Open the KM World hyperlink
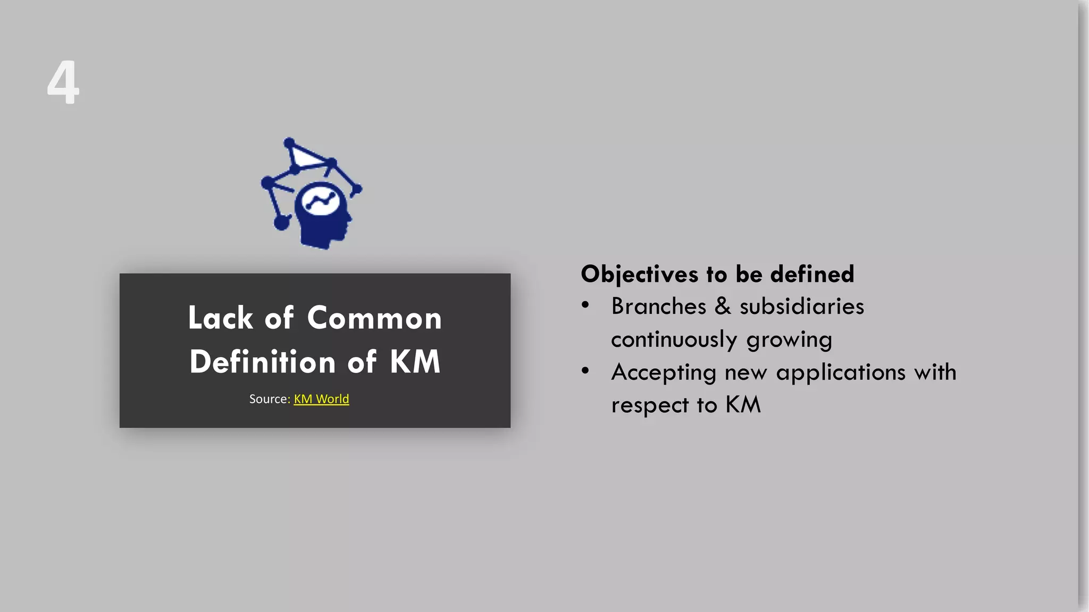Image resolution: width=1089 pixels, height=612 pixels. pyautogui.click(x=321, y=399)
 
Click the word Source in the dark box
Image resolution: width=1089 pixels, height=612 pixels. pyautogui.click(x=269, y=399)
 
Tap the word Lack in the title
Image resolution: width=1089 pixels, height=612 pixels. pyautogui.click(x=220, y=318)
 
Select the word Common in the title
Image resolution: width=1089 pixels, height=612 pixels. pyautogui.click(x=374, y=318)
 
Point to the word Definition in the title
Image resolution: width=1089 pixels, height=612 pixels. pyautogui.click(x=263, y=362)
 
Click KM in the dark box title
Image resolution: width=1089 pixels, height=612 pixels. pyautogui.click(x=415, y=362)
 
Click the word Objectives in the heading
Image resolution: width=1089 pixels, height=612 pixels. pyautogui.click(x=639, y=275)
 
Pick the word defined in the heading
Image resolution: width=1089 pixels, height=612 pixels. pyautogui.click(x=812, y=274)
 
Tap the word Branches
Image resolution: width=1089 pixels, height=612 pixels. pyautogui.click(x=658, y=307)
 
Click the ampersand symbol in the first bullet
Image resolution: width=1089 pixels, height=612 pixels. pyautogui.click(x=723, y=307)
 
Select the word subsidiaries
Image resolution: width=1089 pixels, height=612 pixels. pyautogui.click(x=802, y=307)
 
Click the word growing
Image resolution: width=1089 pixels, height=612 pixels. pyautogui.click(x=789, y=340)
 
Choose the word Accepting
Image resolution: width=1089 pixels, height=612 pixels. pyautogui.click(x=664, y=373)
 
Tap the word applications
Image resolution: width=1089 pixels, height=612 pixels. pyautogui.click(x=841, y=373)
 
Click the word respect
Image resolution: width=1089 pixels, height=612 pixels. pyautogui.click(x=650, y=405)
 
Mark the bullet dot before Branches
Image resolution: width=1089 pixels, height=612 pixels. pyautogui.click(x=585, y=305)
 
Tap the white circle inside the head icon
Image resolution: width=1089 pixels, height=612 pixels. pyautogui.click(x=320, y=200)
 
